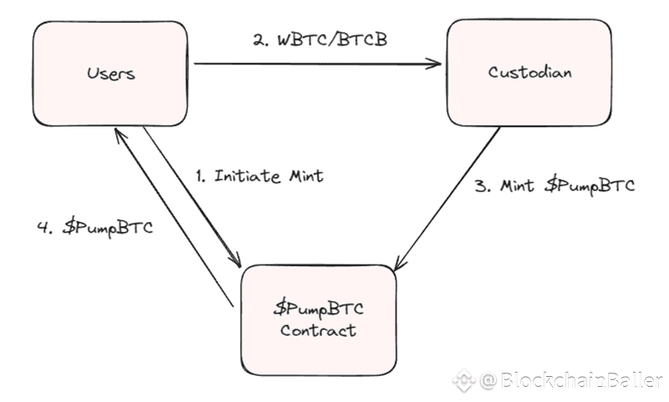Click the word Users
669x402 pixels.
tap(110, 73)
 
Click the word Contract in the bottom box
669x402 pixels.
tap(318, 330)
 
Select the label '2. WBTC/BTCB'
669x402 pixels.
tap(320, 39)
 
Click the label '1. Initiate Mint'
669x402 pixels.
tap(258, 177)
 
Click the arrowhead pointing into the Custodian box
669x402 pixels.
tap(435, 62)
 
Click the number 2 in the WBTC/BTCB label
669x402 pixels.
tap(258, 39)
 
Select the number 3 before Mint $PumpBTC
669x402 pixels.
tap(481, 186)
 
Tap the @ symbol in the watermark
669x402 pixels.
tap(488, 382)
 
